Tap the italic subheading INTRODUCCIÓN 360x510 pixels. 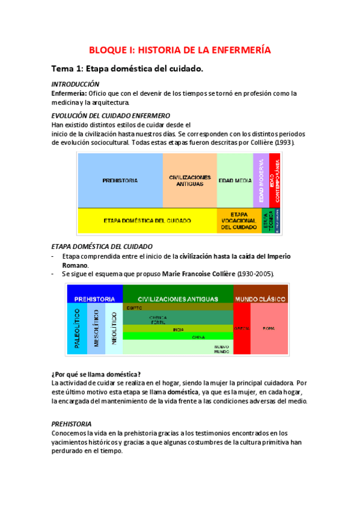point(75,84)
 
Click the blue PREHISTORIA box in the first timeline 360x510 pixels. point(120,180)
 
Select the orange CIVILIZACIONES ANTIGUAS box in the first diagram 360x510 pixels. point(189,180)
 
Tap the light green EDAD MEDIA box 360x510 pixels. point(234,180)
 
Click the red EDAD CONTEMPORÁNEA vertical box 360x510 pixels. point(275,180)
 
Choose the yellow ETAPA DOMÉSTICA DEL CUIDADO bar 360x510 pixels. point(147,221)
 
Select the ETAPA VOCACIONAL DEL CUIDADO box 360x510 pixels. point(239,221)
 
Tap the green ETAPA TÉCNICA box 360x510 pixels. point(269,221)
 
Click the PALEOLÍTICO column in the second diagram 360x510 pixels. point(76,328)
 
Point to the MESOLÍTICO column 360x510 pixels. point(95,328)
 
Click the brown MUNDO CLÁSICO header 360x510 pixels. point(261,298)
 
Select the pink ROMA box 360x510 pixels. point(269,328)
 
